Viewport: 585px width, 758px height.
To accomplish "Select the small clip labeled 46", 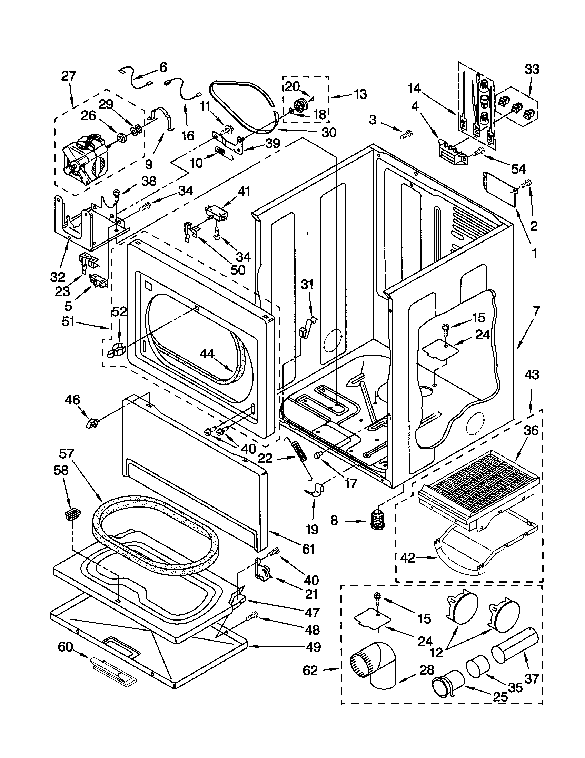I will click(92, 423).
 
